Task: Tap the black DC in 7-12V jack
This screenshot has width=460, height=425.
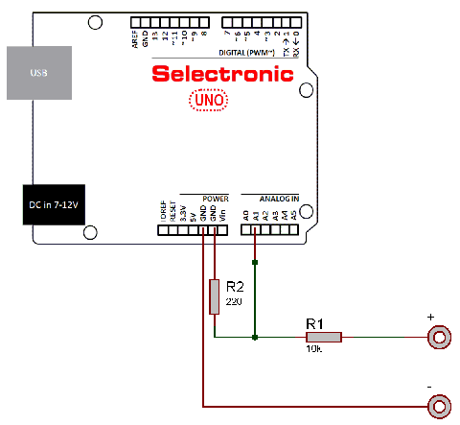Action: click(54, 204)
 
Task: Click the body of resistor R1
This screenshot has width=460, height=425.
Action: click(324, 337)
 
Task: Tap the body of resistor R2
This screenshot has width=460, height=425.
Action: click(215, 296)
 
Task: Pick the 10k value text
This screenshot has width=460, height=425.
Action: click(313, 351)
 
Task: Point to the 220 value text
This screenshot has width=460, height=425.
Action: click(233, 301)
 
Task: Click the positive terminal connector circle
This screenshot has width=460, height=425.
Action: click(440, 337)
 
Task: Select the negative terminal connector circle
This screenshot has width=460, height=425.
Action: click(440, 406)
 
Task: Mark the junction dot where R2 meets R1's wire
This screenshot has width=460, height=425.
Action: click(254, 337)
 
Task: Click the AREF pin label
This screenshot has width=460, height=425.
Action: click(135, 37)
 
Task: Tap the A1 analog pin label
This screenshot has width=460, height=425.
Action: click(256, 216)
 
